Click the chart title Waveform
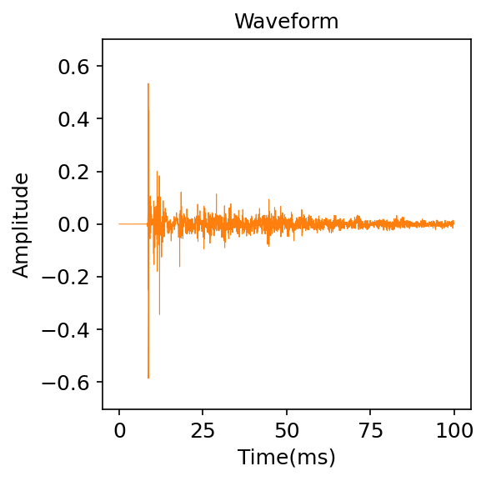[x=286, y=22]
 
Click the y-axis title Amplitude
[x=22, y=224]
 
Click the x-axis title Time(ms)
[x=286, y=457]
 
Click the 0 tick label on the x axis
[x=119, y=430]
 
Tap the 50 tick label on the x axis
[x=287, y=430]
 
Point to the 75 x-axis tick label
[x=371, y=430]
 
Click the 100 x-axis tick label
[x=454, y=430]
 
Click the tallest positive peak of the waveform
[x=148, y=84]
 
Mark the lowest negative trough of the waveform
[x=148, y=378]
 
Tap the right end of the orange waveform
[x=454, y=223]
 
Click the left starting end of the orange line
[x=119, y=224]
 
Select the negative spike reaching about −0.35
[x=159, y=314]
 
